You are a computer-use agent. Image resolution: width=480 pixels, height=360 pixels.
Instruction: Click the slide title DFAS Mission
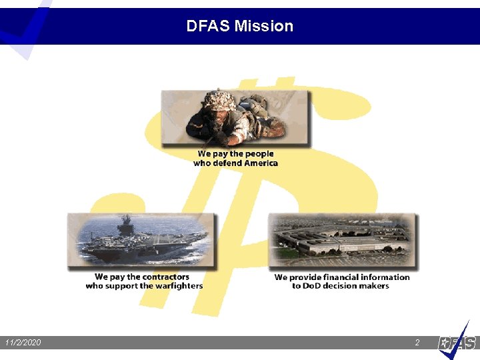239,26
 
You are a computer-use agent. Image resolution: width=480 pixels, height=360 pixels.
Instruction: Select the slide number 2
417,343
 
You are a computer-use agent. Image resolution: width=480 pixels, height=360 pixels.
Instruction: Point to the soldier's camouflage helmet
219,101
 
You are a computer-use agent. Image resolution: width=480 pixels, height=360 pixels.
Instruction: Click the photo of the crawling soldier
235,118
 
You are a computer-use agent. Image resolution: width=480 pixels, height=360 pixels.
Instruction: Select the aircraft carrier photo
142,239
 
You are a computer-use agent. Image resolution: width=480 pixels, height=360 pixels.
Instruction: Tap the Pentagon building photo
341,239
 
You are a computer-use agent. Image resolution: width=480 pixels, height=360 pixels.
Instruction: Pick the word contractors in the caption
160,277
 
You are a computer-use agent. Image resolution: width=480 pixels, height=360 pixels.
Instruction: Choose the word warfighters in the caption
178,286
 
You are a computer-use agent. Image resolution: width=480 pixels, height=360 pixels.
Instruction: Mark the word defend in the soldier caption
227,163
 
